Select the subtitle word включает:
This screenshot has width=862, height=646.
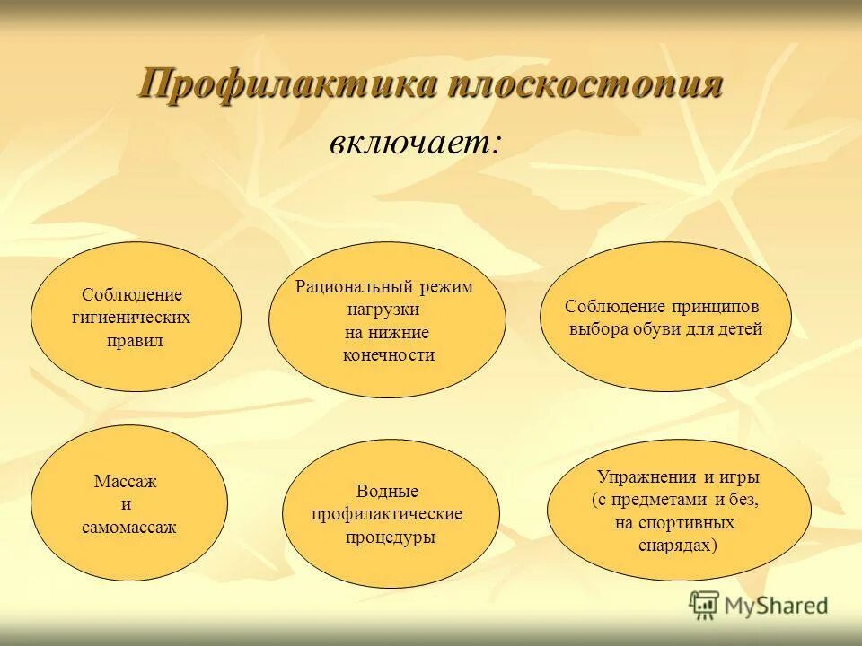tap(414, 144)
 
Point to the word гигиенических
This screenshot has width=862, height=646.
tap(132, 318)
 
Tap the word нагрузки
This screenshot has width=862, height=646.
tap(384, 310)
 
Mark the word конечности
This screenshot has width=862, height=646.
tap(388, 355)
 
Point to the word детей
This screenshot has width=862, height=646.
tap(738, 329)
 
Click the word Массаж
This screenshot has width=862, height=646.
tap(126, 482)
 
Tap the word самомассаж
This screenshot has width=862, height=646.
tap(128, 528)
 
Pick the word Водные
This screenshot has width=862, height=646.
tap(387, 491)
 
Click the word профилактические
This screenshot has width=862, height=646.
tap(387, 514)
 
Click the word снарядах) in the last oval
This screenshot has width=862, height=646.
tap(678, 546)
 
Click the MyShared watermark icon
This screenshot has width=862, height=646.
tap(705, 606)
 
